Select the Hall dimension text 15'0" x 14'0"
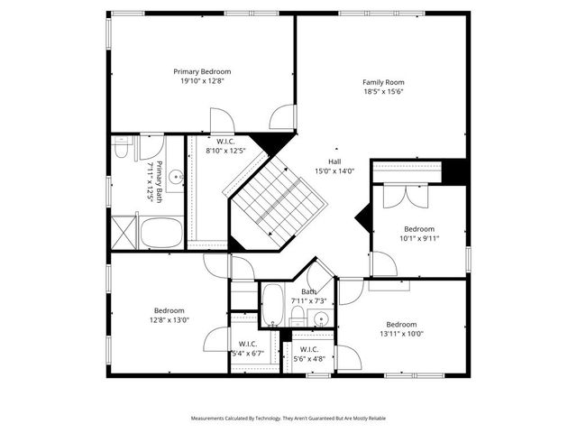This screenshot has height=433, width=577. click(334, 170)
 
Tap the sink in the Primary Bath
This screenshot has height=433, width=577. click(177, 177)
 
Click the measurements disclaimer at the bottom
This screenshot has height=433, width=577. click(288, 419)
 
